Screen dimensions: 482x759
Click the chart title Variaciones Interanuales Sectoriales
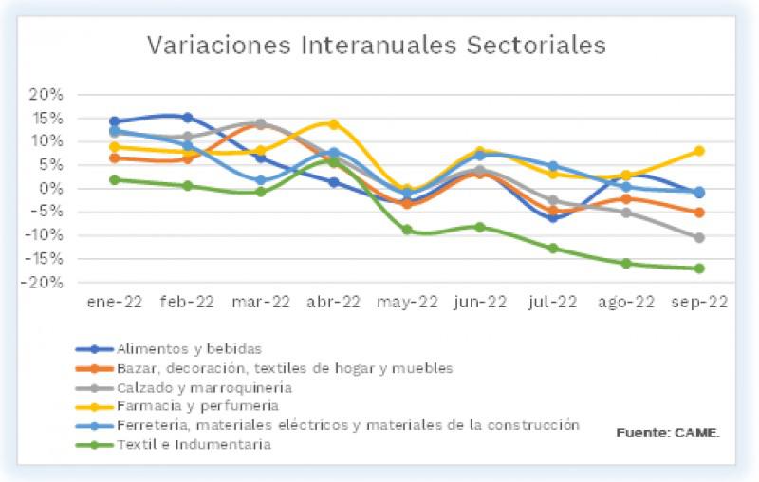375,46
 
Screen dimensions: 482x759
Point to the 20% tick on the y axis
46,95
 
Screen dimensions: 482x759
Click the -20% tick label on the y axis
43,283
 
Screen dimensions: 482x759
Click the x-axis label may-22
407,304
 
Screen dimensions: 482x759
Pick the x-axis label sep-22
700,304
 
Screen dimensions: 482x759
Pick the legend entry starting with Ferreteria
346,424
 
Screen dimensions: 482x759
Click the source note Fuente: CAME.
668,433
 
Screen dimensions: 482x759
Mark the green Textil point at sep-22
699,269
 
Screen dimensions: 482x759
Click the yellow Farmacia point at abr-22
334,124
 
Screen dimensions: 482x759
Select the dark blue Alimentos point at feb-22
188,118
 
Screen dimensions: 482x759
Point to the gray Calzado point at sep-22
699,237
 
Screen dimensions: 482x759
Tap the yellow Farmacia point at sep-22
699,151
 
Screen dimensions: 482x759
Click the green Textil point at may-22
407,230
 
